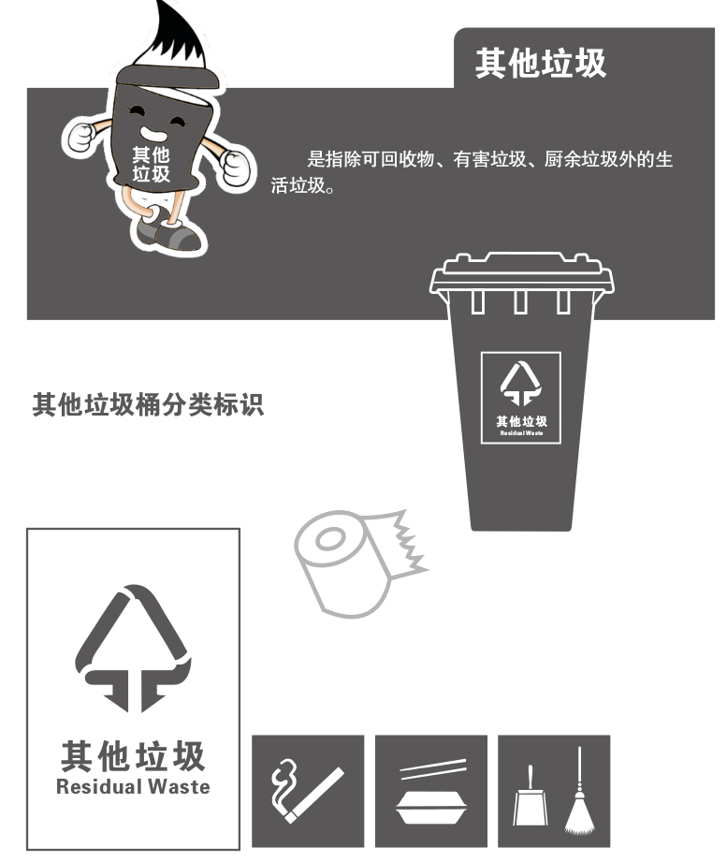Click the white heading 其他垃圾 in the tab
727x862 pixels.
tap(541, 63)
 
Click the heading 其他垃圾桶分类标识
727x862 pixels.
tap(149, 405)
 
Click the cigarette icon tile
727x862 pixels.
tap(308, 790)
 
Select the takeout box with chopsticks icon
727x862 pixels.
tap(430, 790)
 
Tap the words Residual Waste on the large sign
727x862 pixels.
tap(133, 786)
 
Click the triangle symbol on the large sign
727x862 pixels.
tap(133, 646)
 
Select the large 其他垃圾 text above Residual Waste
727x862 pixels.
tap(133, 754)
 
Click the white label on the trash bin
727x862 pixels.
tap(520, 397)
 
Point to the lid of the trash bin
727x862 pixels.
tap(520, 271)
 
